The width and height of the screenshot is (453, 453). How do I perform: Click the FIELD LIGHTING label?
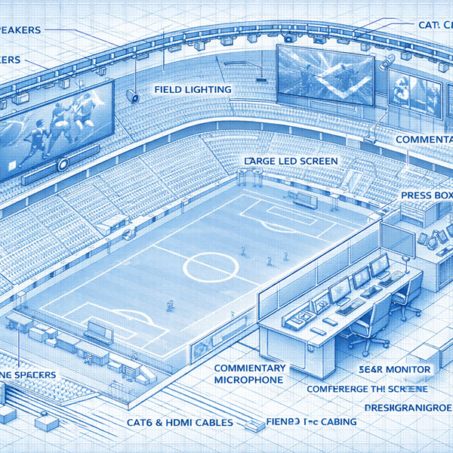tap(193, 89)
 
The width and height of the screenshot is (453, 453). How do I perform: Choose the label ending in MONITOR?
tap(393, 369)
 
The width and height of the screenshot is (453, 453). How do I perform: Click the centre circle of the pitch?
tap(212, 267)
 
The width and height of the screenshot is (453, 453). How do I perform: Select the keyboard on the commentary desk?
tap(350, 307)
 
